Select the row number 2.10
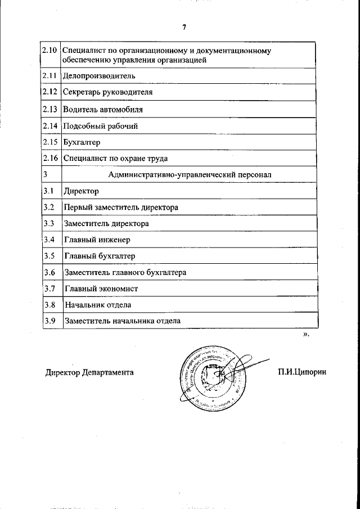(50, 51)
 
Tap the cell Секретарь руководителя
(107, 91)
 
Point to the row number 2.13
(50, 109)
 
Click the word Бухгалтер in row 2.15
(82, 142)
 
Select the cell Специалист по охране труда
(115, 159)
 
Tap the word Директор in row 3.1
(82, 191)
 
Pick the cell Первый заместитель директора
(121, 208)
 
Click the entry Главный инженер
(97, 240)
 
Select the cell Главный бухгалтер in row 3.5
(100, 256)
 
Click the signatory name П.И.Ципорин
(301, 372)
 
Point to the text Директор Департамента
(89, 372)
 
